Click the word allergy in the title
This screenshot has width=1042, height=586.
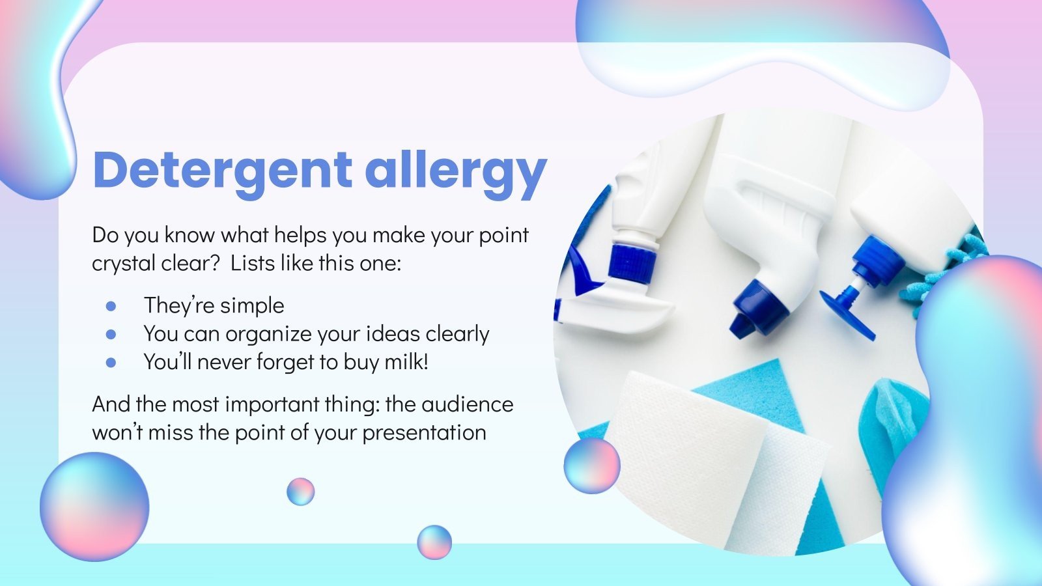pos(455,171)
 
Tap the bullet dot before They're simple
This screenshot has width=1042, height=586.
pos(111,305)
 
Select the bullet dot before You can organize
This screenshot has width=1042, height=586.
pos(111,334)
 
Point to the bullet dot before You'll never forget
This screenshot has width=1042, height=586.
pos(111,362)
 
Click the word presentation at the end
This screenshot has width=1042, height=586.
pos(424,433)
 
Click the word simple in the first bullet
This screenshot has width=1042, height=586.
pos(252,305)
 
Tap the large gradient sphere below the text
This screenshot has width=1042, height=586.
pos(94,507)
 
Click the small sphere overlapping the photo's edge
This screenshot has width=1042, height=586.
pos(591,466)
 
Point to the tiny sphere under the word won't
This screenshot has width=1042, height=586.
pos(300,492)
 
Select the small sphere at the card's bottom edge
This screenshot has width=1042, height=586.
pos(434,542)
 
